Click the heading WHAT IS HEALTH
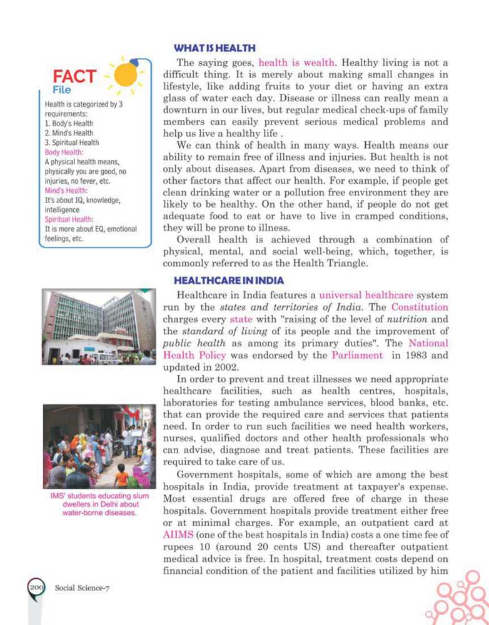click(x=214, y=48)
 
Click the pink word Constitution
click(x=420, y=307)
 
